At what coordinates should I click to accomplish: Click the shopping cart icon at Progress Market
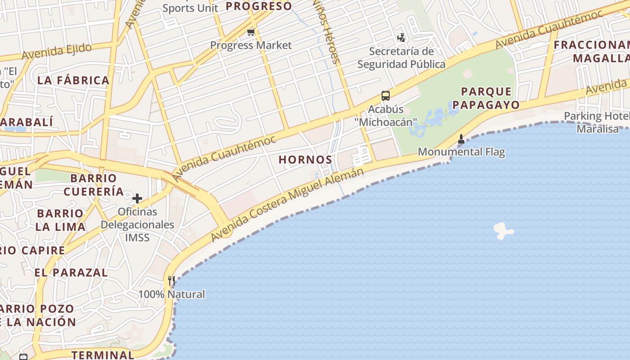click(x=251, y=32)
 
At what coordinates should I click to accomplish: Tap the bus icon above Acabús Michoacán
click(x=386, y=95)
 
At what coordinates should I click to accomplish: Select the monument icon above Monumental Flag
click(x=461, y=139)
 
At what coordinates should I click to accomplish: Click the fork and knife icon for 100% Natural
click(x=171, y=281)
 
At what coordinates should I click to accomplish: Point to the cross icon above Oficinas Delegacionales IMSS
click(x=137, y=198)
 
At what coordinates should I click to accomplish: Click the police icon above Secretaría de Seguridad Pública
click(x=401, y=38)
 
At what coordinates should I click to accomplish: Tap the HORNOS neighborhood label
click(x=306, y=159)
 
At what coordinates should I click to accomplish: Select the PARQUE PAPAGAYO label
click(x=486, y=98)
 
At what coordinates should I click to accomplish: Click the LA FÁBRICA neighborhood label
click(x=73, y=81)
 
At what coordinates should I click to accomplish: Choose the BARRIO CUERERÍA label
click(x=94, y=184)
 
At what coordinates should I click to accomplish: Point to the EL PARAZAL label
click(x=71, y=272)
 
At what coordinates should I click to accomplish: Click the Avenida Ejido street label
click(x=57, y=51)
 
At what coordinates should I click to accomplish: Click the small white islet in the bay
click(x=503, y=231)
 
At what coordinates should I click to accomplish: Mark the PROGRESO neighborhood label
click(x=259, y=6)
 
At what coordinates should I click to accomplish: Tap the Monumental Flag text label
click(x=461, y=152)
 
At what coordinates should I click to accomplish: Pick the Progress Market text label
click(x=251, y=45)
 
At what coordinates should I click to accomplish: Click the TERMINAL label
click(x=103, y=354)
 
